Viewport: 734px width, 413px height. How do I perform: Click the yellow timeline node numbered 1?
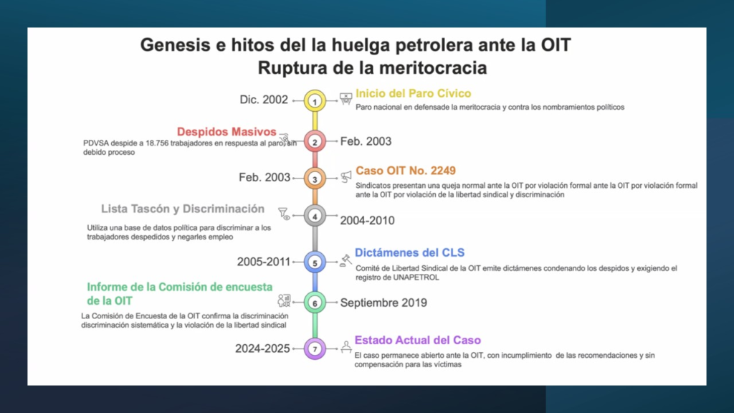(x=315, y=101)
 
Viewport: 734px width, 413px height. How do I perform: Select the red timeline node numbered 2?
(x=315, y=141)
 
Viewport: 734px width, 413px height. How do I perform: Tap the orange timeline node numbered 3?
(x=315, y=178)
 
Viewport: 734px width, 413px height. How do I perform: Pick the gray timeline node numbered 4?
(x=315, y=215)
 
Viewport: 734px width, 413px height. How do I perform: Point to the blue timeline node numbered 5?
(x=315, y=262)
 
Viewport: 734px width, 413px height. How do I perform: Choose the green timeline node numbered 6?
(x=315, y=303)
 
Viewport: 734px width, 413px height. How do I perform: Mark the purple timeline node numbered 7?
(x=315, y=348)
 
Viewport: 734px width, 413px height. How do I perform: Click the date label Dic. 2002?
(x=264, y=100)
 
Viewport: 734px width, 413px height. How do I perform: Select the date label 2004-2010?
(x=367, y=220)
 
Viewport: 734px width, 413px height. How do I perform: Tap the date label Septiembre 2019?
(x=383, y=303)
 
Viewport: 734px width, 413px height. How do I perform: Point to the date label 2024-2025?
(x=262, y=348)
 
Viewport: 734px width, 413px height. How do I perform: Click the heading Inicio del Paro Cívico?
(x=413, y=93)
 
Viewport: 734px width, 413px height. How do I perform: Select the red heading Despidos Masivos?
(x=227, y=132)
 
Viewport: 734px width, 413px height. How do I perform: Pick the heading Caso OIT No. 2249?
(x=406, y=171)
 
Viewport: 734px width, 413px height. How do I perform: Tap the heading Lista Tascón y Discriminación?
(x=183, y=209)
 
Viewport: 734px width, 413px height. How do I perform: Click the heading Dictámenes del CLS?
(x=410, y=252)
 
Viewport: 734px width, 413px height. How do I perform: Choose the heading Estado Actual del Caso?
(x=418, y=340)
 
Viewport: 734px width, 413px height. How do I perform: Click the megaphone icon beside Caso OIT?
(x=346, y=176)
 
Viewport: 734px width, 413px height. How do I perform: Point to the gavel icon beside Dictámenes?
(x=345, y=260)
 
